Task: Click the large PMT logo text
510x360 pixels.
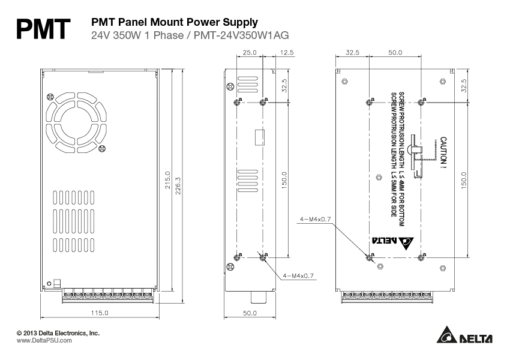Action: (44, 28)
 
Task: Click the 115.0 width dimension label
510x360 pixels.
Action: (99, 313)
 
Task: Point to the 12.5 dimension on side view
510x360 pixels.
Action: (287, 53)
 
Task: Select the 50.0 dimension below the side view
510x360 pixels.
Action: (250, 313)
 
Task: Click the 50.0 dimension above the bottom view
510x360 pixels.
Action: (395, 53)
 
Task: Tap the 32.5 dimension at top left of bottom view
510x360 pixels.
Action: (353, 53)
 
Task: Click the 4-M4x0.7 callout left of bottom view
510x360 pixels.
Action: (316, 220)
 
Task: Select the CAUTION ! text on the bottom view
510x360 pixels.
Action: (444, 151)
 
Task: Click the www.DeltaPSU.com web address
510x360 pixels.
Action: (44, 340)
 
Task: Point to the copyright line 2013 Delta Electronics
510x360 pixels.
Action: (58, 332)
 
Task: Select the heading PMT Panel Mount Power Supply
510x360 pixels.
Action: (174, 22)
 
